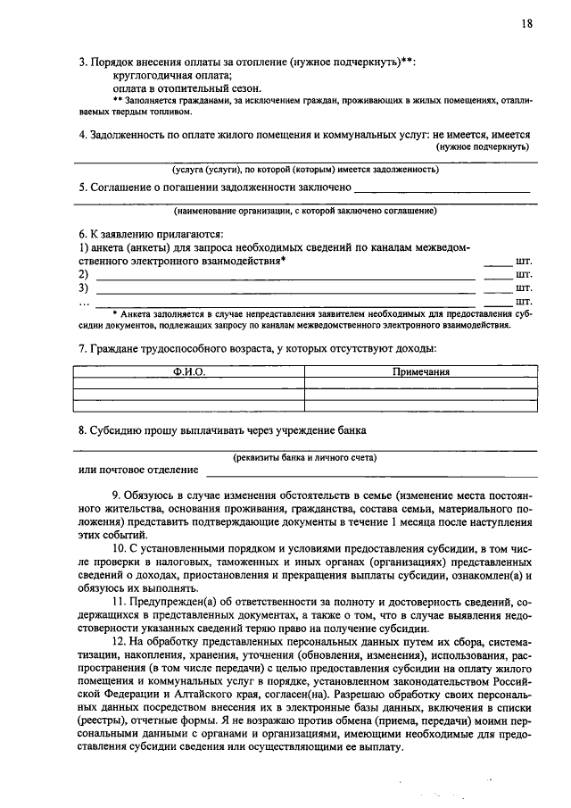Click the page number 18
click(527, 24)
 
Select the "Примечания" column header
click(421, 371)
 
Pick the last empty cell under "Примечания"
click(421, 404)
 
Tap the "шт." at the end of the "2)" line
click(524, 275)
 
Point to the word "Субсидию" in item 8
click(115, 430)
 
